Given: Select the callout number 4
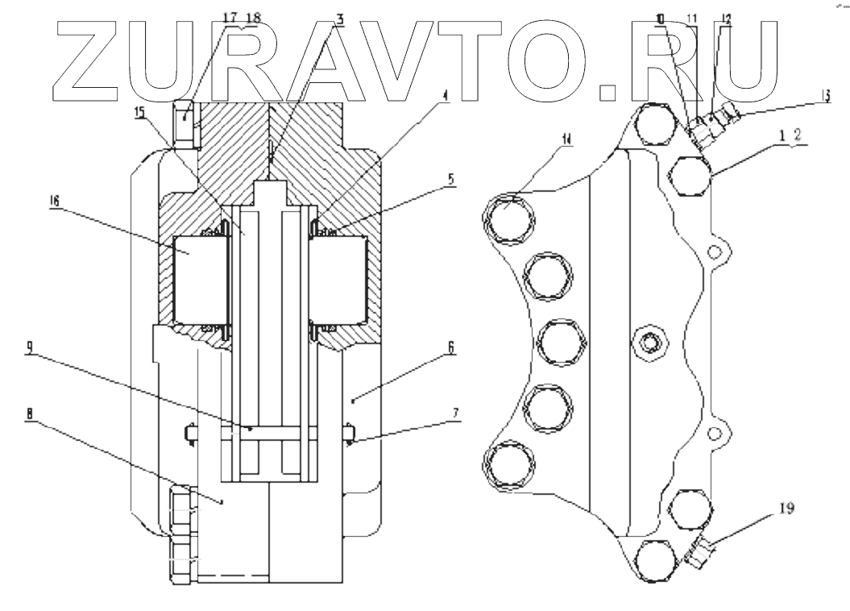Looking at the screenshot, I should (443, 95).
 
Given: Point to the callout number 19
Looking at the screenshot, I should (788, 509).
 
